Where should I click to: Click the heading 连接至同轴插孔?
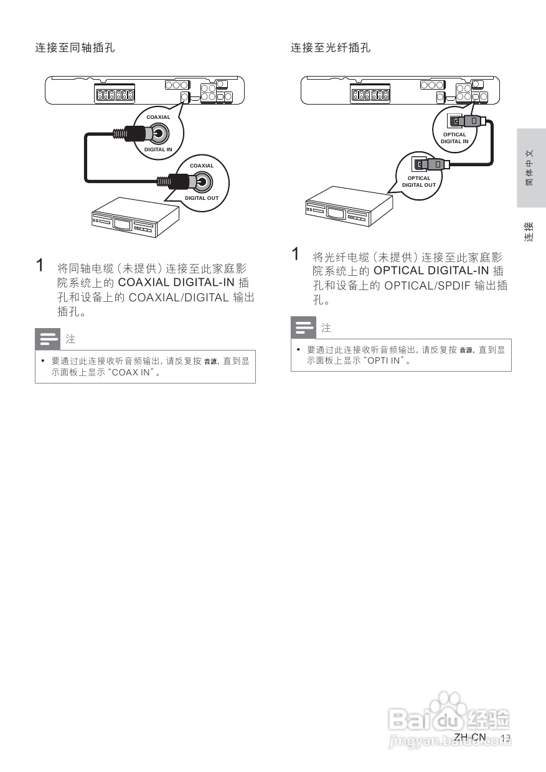click(75, 48)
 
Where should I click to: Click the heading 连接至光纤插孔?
click(331, 48)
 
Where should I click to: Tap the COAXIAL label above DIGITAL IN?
click(158, 117)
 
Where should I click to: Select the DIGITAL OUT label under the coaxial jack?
click(202, 198)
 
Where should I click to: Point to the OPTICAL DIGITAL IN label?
click(454, 138)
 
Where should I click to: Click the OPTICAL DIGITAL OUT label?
click(419, 181)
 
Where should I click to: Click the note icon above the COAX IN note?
click(48, 339)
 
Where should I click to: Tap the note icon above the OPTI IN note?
click(304, 327)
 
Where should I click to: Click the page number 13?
click(506, 738)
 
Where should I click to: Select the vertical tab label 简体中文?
click(529, 168)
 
